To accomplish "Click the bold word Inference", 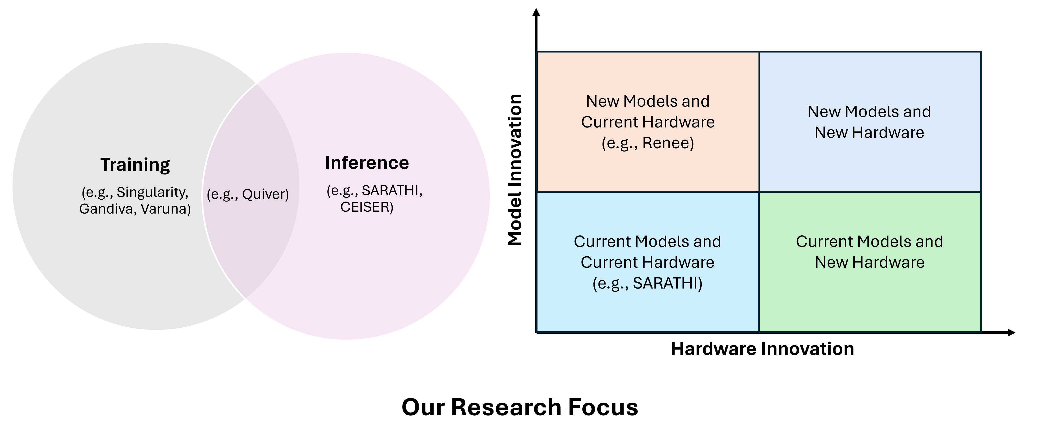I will [367, 163].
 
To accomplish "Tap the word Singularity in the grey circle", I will [152, 192].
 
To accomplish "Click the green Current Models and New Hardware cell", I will [870, 299].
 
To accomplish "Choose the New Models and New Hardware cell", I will [870, 162].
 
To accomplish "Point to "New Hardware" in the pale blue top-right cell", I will [869, 132].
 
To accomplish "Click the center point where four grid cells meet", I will [759, 192].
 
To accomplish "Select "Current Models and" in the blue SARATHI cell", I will [647, 242].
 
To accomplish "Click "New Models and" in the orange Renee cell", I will [648, 101].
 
